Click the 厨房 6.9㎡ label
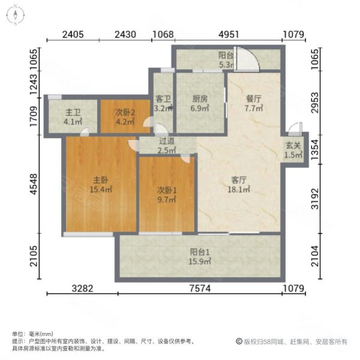(x=200, y=103)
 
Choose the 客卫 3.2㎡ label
(x=163, y=103)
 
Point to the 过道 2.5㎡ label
(x=167, y=146)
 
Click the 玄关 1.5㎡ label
(x=293, y=151)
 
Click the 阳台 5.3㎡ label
(x=226, y=60)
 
